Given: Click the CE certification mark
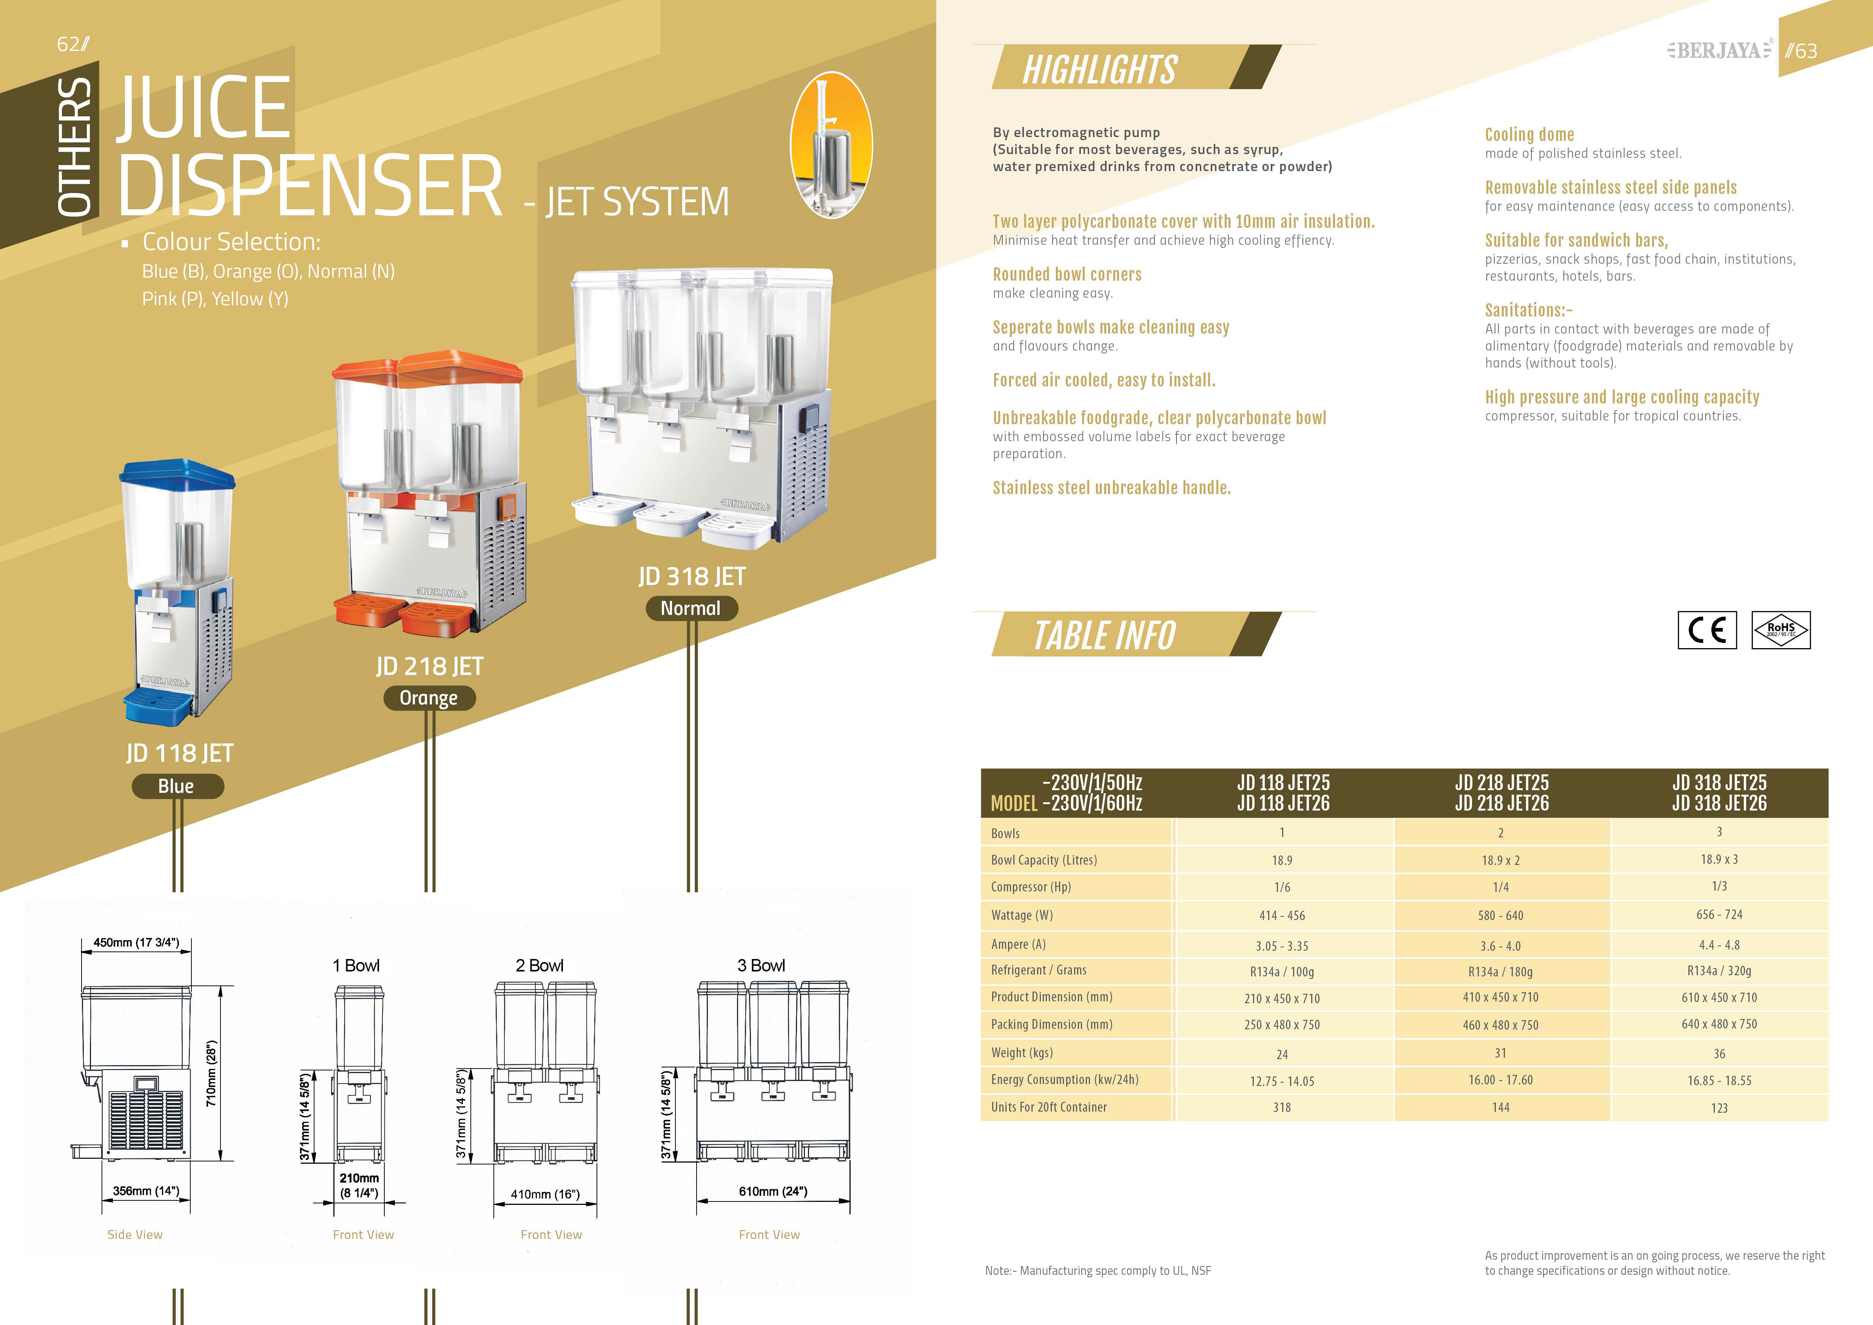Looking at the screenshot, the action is (1707, 630).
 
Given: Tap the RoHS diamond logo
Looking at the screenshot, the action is (1781, 630).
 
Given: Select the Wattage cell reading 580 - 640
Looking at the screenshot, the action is (1500, 916).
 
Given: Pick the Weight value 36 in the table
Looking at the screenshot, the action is (1719, 1053).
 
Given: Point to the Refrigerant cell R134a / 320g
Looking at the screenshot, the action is (1719, 971).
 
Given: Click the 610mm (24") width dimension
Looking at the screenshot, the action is (772, 1191).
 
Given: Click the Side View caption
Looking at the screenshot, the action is (135, 1234).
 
